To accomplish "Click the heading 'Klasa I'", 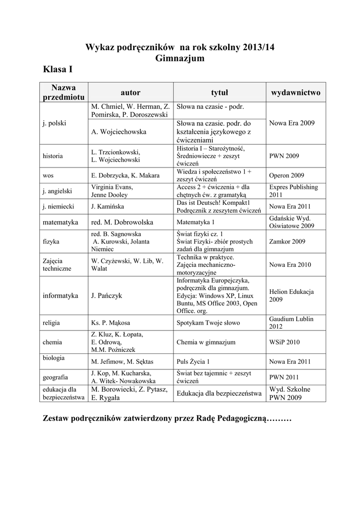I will coord(58,70).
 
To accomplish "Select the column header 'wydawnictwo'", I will coord(295,92).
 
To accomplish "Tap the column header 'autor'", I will coord(130,92).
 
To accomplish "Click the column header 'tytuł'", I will coord(219,92).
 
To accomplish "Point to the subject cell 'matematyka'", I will coord(60,222).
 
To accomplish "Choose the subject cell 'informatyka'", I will coord(61,295).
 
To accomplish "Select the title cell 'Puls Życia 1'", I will coord(193,361).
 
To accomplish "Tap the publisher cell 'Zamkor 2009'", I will coord(287,242).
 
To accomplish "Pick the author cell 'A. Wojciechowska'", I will coord(118,132).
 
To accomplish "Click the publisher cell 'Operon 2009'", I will coord(287,175).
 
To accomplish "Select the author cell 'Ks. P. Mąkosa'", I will coord(111,323).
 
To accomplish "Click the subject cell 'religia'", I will coord(51,323).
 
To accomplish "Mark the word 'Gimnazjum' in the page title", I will coord(180,58).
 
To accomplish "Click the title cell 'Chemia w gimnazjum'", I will coord(206,342).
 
